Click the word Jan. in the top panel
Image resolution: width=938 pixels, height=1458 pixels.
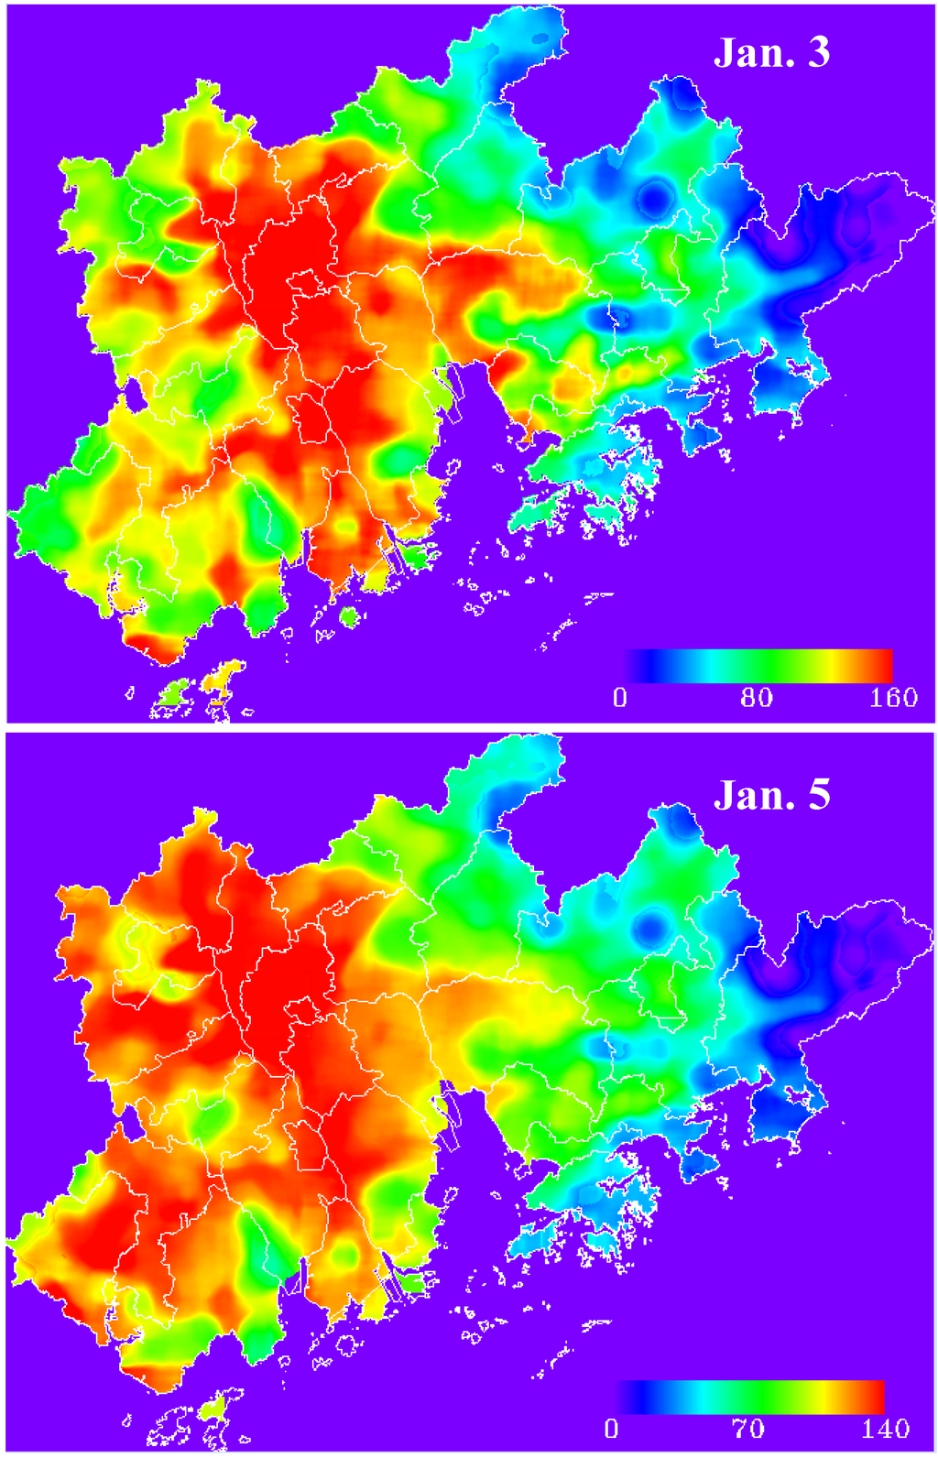click(x=750, y=53)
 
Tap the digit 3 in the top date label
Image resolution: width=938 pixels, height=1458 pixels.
click(x=818, y=53)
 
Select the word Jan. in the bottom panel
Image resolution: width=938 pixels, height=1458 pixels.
click(x=750, y=795)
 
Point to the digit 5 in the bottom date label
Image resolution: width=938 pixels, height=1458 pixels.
click(x=818, y=795)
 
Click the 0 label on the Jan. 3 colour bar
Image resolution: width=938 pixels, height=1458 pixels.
click(x=620, y=698)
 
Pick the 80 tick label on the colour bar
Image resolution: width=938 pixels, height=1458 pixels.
click(x=756, y=698)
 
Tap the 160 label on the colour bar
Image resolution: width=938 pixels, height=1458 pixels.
click(x=893, y=698)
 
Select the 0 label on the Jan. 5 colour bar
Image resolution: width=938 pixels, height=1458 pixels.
click(x=611, y=1429)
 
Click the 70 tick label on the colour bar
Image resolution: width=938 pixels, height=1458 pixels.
click(x=747, y=1429)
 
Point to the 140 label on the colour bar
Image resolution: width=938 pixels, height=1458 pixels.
click(x=885, y=1429)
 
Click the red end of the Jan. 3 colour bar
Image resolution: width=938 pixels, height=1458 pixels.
click(x=885, y=666)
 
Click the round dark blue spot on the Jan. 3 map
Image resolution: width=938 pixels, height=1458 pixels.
click(x=653, y=195)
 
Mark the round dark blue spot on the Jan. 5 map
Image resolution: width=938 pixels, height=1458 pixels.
click(x=652, y=924)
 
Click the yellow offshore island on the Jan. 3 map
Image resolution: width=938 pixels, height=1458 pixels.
click(x=222, y=679)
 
